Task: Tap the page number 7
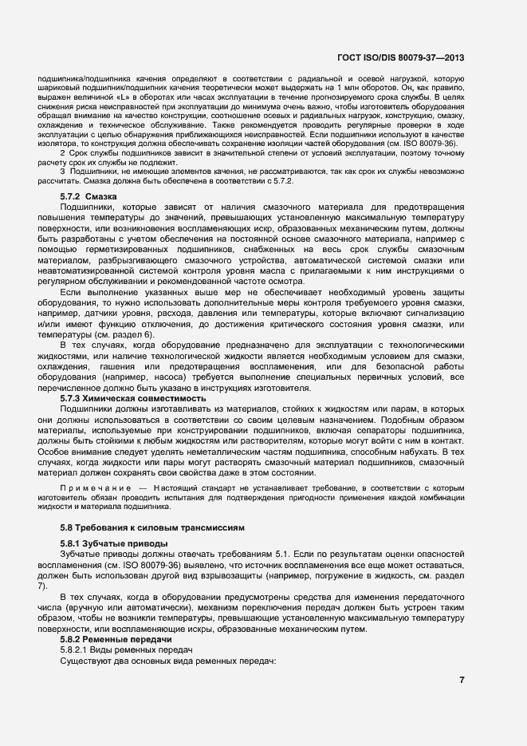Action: coord(463,680)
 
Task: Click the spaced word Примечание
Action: coord(95,487)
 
